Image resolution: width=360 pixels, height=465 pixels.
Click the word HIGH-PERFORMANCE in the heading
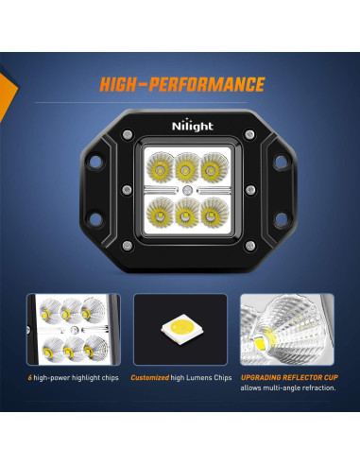pos(181,85)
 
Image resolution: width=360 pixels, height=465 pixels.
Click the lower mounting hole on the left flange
pos(94,221)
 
